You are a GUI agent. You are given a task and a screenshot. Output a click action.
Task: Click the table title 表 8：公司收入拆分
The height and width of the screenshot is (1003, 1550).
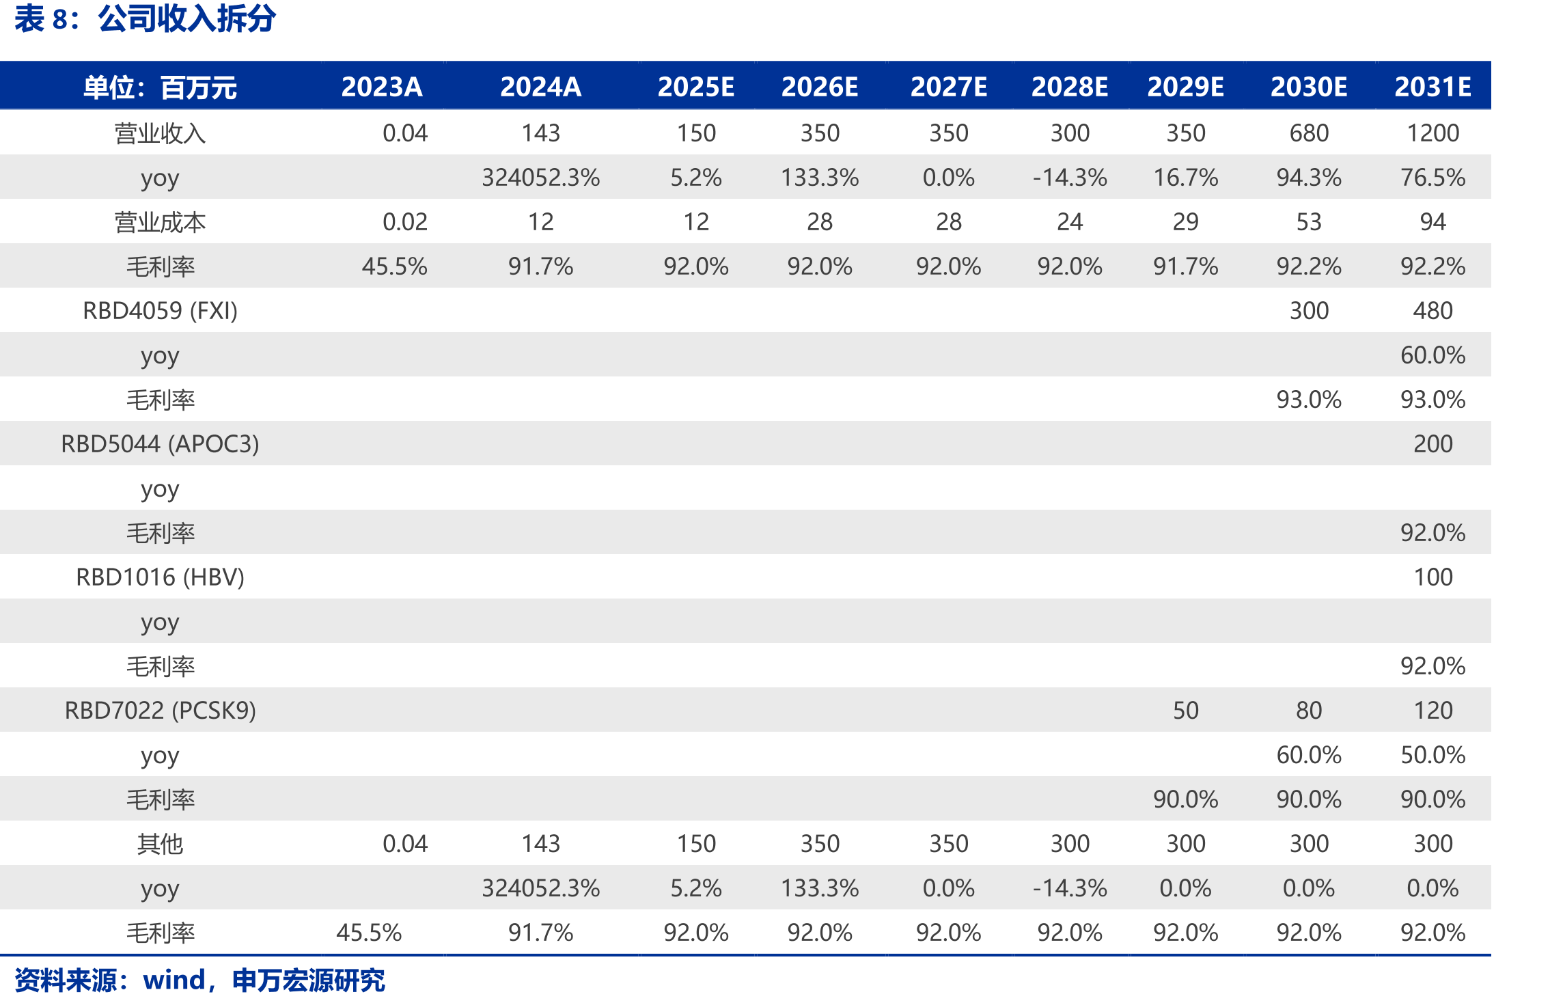tap(145, 18)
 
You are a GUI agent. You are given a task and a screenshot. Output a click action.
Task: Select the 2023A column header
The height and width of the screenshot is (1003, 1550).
tap(382, 87)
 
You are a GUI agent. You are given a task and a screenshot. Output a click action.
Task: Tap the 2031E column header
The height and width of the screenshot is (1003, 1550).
tap(1433, 87)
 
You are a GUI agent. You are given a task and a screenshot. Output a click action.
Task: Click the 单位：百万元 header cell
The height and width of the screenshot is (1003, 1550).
tap(160, 87)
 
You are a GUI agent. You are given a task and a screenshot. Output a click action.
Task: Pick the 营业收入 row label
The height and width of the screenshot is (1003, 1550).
tap(160, 133)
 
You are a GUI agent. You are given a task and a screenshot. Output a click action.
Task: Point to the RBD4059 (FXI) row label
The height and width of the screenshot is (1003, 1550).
tap(160, 310)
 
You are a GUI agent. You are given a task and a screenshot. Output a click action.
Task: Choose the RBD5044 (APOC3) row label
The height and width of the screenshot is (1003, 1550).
tap(160, 443)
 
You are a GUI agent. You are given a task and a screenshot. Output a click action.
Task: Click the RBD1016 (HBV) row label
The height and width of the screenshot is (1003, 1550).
tap(160, 577)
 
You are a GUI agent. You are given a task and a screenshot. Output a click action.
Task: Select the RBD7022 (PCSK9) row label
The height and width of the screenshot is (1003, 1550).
tap(160, 710)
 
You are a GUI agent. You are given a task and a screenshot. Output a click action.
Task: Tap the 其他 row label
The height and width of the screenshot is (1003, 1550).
tap(160, 843)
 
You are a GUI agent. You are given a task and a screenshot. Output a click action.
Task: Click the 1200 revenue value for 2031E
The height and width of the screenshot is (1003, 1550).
tap(1433, 133)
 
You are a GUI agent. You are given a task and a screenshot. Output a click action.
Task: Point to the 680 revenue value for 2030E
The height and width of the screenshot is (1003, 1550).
tap(1309, 133)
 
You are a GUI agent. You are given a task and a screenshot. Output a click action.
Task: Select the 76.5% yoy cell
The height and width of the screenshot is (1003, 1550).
tap(1433, 177)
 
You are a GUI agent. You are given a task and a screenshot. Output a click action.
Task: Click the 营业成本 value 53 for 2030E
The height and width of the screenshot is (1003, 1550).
tap(1309, 221)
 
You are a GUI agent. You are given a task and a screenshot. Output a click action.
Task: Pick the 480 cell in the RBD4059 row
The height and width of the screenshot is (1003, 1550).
tap(1433, 310)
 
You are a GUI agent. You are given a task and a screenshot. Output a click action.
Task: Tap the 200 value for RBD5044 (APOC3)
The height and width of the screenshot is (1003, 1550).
tap(1433, 443)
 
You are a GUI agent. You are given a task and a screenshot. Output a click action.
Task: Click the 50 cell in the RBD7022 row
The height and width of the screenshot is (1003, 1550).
tap(1185, 710)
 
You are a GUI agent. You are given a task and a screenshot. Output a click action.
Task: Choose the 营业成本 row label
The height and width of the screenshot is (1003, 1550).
tap(160, 221)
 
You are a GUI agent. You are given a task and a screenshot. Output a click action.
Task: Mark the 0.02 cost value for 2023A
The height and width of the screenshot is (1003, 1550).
tap(404, 221)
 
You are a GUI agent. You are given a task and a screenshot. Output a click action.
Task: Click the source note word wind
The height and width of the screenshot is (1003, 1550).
tap(174, 980)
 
